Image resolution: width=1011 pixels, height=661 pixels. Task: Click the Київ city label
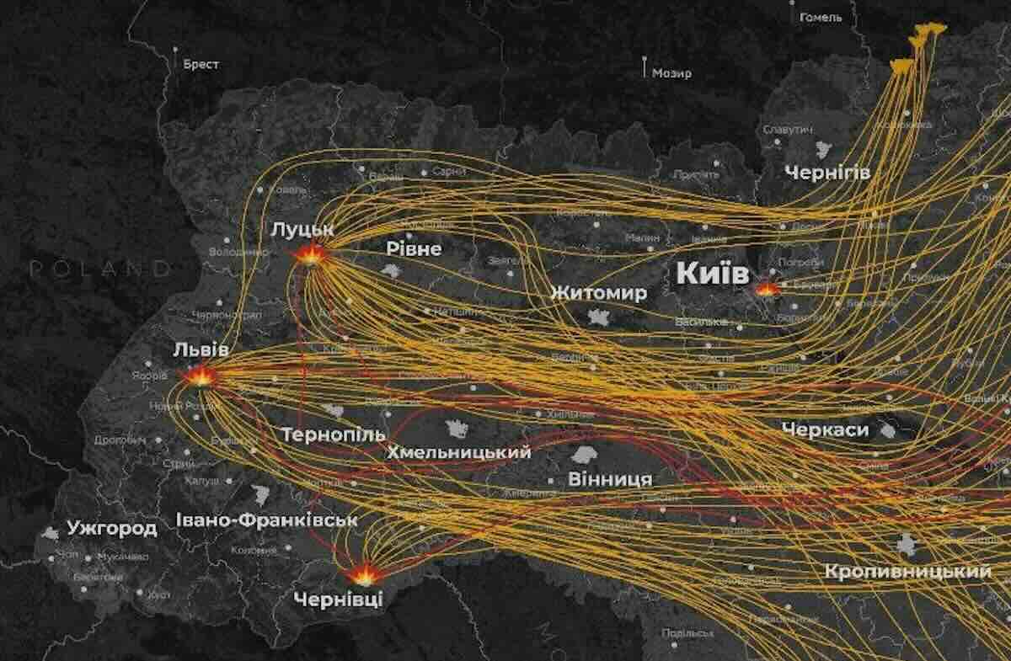coord(712,275)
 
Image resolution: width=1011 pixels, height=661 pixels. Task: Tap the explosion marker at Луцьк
coord(311,255)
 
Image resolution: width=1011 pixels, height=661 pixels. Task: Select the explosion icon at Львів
coord(201,376)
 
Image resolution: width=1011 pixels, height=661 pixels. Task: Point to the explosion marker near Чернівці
coord(364,575)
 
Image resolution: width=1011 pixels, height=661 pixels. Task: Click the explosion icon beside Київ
coord(768,289)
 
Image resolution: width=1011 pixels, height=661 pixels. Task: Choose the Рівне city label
coord(414,249)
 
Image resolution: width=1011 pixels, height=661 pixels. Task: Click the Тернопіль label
coord(333,435)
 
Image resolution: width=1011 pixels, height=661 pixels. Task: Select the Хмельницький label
coord(458,452)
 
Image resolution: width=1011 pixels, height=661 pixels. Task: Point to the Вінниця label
coord(610,479)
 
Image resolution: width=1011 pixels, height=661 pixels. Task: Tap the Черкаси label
coord(825,429)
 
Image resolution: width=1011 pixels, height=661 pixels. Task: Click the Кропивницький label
coord(908,572)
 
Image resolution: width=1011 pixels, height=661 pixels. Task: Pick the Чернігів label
coord(826,173)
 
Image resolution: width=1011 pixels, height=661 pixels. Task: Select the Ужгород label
coord(112,529)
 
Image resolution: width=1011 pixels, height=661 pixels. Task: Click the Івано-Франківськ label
coord(267,520)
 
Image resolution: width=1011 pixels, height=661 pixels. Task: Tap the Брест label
coord(201,64)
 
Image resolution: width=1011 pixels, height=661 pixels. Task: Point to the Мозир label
coord(671,73)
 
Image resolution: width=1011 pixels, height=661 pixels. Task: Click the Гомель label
coord(821,17)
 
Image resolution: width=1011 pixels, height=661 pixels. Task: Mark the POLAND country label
coord(99,269)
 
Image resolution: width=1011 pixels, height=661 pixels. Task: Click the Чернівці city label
coord(338,600)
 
